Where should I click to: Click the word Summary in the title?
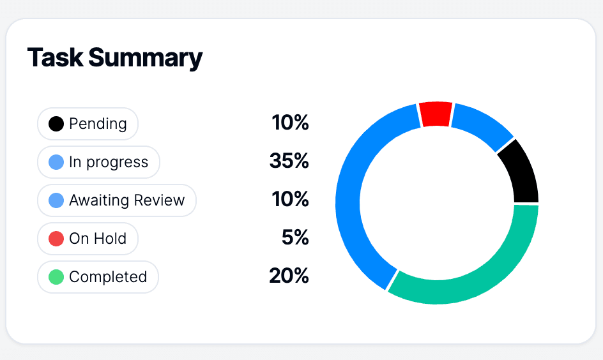(145, 57)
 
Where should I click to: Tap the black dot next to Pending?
(56, 124)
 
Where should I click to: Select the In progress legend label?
(109, 162)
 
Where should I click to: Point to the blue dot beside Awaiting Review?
(56, 200)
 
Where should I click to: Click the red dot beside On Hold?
(56, 239)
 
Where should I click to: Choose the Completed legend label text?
(108, 277)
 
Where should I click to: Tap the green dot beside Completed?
(56, 277)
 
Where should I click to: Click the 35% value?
(289, 161)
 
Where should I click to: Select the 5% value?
(295, 238)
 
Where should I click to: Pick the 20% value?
(289, 276)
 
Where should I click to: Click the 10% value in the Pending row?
(290, 123)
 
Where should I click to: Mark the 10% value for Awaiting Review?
(290, 200)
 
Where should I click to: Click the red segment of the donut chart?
(436, 114)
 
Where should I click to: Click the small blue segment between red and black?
(482, 124)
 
